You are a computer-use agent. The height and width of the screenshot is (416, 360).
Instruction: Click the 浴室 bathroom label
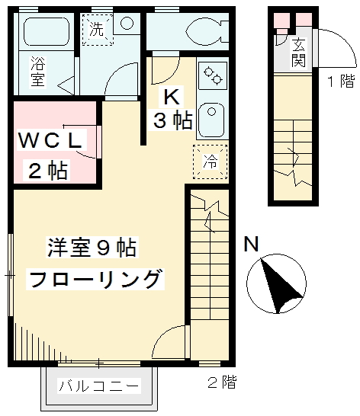click(x=37, y=73)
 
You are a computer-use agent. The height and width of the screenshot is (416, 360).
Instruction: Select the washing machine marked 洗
click(x=98, y=31)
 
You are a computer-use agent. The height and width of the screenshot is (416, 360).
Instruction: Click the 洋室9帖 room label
click(x=81, y=248)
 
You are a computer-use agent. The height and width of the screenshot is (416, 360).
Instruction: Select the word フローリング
click(x=95, y=278)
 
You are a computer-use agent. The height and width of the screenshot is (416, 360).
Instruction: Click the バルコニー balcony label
click(x=99, y=386)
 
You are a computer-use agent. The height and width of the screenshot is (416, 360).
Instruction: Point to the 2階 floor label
click(x=221, y=382)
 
